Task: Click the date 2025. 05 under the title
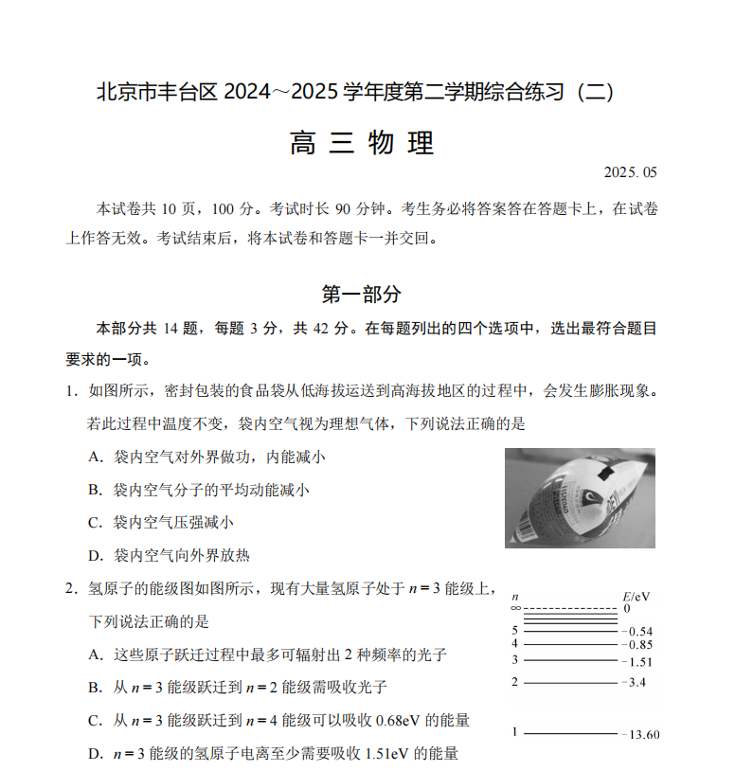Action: [629, 172]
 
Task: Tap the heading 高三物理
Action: [362, 142]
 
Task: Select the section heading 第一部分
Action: [362, 294]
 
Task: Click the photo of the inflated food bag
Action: [580, 497]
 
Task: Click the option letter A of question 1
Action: [95, 457]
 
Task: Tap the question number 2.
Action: [70, 588]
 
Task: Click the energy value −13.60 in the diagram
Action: [640, 735]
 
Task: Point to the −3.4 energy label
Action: [634, 683]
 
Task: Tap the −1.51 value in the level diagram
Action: [636, 662]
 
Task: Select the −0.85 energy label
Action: [636, 645]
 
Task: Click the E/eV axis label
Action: [636, 597]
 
